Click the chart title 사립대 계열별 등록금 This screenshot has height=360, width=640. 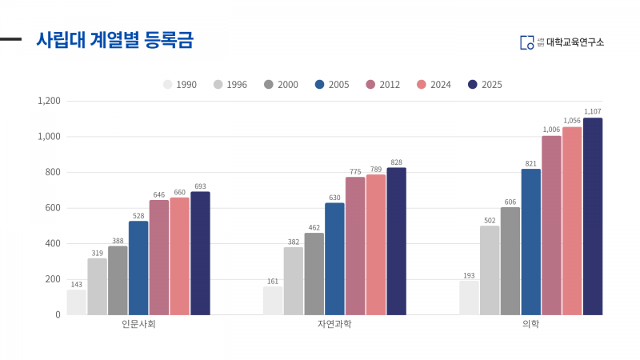click(x=114, y=40)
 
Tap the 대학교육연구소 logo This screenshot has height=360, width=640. click(x=562, y=42)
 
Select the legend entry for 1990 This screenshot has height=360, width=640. click(x=180, y=84)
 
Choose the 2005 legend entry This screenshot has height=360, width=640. click(x=332, y=84)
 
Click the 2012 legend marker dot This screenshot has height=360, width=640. click(x=370, y=84)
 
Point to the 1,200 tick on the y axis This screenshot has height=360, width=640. click(x=49, y=102)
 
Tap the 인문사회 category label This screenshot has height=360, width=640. click(x=138, y=326)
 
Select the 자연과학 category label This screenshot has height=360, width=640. click(x=334, y=326)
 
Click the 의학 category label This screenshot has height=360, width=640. click(x=530, y=326)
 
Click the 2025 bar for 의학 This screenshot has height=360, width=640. click(x=593, y=216)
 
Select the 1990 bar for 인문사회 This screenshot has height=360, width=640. click(x=77, y=302)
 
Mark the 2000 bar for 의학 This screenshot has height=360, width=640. click(x=510, y=261)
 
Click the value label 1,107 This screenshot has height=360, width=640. click(x=593, y=111)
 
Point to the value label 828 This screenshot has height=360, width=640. click(x=396, y=162)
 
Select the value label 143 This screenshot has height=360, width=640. click(x=77, y=284)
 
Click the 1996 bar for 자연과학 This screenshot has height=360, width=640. click(x=294, y=281)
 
